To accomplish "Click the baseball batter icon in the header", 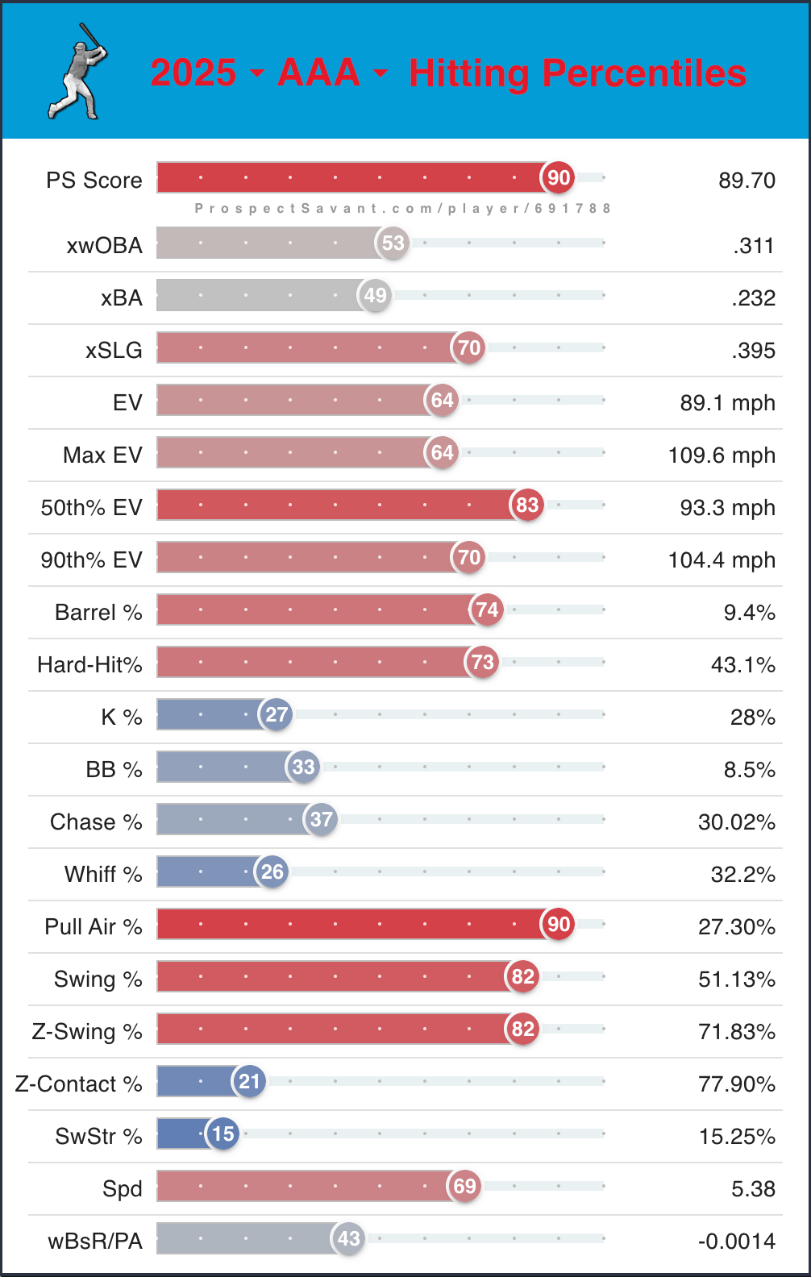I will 78,72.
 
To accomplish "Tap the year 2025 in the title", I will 193,73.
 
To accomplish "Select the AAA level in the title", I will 318,73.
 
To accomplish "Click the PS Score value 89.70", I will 747,180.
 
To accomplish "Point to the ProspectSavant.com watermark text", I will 402,208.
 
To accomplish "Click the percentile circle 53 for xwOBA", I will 393,243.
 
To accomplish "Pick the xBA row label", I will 122,297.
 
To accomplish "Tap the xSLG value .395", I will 754,350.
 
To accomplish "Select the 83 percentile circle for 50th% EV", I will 527,505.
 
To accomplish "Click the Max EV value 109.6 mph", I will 722,455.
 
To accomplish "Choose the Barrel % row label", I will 98,612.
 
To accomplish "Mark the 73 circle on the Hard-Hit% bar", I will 482,662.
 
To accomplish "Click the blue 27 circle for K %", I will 277,714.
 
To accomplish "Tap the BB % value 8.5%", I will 749,769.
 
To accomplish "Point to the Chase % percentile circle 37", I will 321,819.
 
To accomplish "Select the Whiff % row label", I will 103,874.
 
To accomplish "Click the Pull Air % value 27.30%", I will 736,926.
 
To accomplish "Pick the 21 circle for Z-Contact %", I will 249,1081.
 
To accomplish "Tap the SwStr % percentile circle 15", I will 223,1133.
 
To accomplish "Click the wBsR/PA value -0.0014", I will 736,1241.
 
